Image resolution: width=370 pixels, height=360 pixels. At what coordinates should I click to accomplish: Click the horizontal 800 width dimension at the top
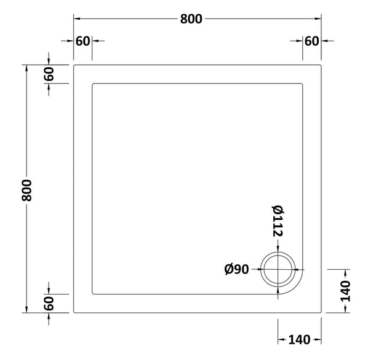pyautogui.click(x=191, y=19)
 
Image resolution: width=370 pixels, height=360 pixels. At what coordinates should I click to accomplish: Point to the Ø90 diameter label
pyautogui.click(x=237, y=270)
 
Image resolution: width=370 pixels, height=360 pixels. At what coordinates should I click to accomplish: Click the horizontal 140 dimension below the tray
pyautogui.click(x=298, y=339)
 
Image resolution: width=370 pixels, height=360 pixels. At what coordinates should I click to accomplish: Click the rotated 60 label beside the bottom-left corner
pyautogui.click(x=50, y=303)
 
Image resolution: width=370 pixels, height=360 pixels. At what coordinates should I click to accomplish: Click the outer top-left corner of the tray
pyautogui.click(x=74, y=64)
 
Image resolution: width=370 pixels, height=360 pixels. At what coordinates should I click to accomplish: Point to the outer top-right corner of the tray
pyautogui.click(x=322, y=64)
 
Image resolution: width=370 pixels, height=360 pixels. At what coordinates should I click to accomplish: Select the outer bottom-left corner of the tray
pyautogui.click(x=74, y=312)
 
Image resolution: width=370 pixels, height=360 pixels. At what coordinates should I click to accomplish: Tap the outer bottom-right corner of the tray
pyautogui.click(x=322, y=312)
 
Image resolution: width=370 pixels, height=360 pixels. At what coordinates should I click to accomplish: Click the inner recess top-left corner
pyautogui.click(x=92, y=83)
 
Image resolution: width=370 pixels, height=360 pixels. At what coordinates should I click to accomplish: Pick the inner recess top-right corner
pyautogui.click(x=303, y=83)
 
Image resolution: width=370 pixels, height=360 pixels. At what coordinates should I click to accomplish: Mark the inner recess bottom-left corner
pyautogui.click(x=92, y=294)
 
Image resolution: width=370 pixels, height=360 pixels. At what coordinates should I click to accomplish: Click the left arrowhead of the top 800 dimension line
pyautogui.click(x=76, y=19)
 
